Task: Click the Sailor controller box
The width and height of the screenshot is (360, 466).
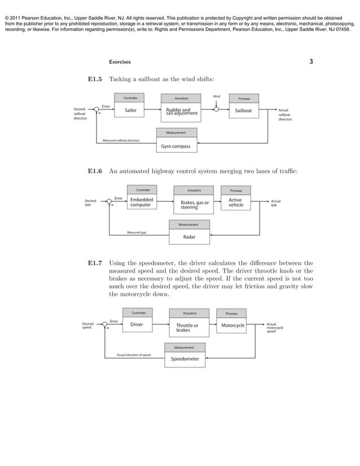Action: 130,111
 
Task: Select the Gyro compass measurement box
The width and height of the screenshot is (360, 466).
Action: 177,147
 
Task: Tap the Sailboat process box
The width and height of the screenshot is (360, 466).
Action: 244,111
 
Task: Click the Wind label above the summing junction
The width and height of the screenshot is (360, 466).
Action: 216,96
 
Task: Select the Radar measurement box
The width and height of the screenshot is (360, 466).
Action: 189,237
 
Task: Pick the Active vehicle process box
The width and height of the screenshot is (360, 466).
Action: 235,203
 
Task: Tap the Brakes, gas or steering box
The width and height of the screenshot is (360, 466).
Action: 194,205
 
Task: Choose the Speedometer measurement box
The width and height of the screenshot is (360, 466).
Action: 185,359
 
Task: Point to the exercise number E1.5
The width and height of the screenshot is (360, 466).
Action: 94,80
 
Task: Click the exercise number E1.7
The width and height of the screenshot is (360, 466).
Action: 94,263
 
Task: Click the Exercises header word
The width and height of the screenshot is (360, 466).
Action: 120,62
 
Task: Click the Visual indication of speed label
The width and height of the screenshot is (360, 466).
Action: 133,355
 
